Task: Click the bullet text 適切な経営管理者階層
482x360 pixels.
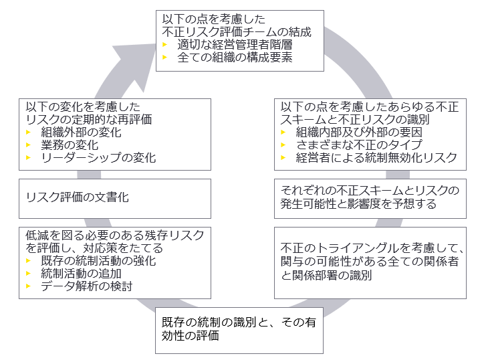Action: (234, 45)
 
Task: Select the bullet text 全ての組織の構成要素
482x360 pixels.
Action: (234, 58)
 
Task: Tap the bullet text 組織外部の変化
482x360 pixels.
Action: (81, 132)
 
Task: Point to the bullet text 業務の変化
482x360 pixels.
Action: (70, 145)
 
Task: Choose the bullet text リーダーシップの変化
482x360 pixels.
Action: (98, 157)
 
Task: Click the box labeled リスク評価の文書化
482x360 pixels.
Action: (116, 198)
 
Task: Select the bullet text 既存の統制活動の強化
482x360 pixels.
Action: (98, 260)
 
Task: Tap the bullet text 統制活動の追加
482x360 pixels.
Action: (81, 273)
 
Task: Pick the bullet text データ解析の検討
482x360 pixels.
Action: (86, 286)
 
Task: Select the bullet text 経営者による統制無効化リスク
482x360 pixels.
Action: (376, 157)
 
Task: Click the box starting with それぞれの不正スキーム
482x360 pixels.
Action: (370, 197)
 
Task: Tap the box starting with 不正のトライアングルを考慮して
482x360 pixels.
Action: (370, 262)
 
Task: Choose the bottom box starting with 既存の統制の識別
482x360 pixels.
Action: (239, 330)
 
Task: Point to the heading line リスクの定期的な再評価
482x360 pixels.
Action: (89, 119)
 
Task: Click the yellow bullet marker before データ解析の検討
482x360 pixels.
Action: (28, 286)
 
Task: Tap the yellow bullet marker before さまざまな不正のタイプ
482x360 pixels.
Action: (283, 145)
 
